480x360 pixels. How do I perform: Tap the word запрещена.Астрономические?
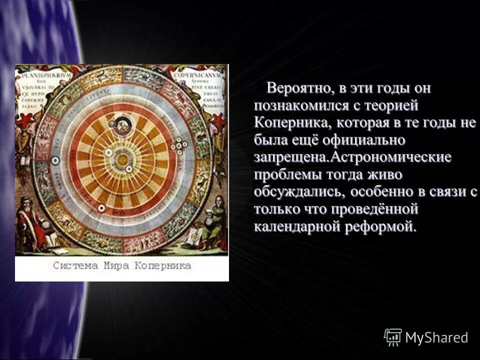coord(352,157)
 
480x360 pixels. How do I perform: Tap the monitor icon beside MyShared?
coord(393,337)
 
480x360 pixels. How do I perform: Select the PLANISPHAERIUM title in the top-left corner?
coord(38,75)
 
